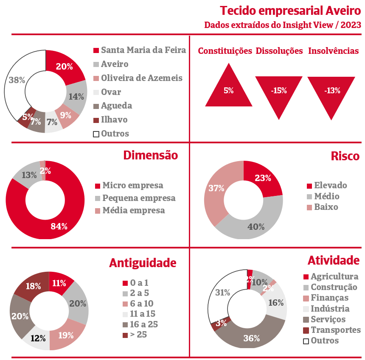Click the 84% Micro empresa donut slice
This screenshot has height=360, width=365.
coord(59,226)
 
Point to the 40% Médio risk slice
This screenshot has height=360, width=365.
coord(256,226)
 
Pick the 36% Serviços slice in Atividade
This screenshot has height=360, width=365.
coord(251,338)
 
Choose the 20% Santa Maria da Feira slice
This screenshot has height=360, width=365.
coord(64,67)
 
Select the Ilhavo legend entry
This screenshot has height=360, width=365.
coord(110,120)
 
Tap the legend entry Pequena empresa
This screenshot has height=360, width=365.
coord(135,198)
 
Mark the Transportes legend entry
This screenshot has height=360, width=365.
coord(331,330)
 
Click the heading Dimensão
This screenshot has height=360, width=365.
coord(150,155)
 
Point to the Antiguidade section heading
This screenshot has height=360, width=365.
coord(143,263)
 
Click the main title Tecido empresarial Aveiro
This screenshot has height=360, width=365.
coord(290,11)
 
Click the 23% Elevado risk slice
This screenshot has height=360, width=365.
coord(263,178)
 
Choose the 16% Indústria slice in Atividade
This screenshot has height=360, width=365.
coord(276,302)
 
